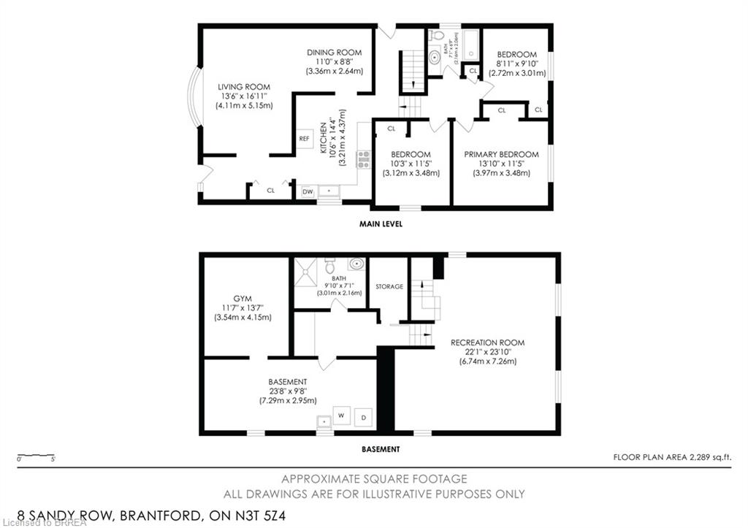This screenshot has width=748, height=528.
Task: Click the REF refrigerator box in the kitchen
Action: point(304,137)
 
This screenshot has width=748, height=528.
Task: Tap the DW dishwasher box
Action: point(308,191)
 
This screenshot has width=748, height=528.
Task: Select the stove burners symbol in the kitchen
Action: point(363,159)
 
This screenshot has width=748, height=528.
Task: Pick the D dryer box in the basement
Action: point(363,418)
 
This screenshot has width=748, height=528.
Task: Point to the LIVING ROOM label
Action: point(243,87)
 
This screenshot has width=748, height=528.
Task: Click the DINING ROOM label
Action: point(334,53)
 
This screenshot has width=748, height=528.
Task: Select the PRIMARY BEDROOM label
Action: point(501,155)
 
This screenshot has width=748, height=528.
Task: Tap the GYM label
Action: point(242,299)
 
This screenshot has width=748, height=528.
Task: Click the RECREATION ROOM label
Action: point(487,343)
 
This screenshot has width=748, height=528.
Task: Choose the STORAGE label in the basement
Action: point(389,287)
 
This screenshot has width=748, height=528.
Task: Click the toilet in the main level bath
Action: point(437,36)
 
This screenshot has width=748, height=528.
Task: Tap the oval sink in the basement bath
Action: point(356,264)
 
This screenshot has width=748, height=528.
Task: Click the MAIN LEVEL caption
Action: point(381,224)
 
